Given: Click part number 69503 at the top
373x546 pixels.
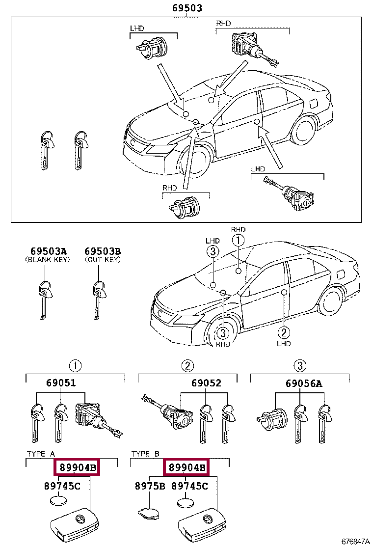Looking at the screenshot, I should [x=187, y=8].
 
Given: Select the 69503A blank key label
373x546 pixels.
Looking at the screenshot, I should [x=47, y=251].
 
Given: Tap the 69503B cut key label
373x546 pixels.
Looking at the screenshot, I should [x=102, y=251].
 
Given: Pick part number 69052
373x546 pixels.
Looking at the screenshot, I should [x=206, y=383].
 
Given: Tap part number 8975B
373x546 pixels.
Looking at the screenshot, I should [x=150, y=486].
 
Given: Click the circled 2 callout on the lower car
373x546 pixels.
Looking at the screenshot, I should [x=284, y=331].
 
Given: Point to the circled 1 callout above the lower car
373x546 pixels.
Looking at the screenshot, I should [x=238, y=240].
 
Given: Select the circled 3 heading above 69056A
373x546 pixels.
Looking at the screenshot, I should [x=300, y=365].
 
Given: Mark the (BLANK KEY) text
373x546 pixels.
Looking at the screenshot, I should [x=47, y=260].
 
